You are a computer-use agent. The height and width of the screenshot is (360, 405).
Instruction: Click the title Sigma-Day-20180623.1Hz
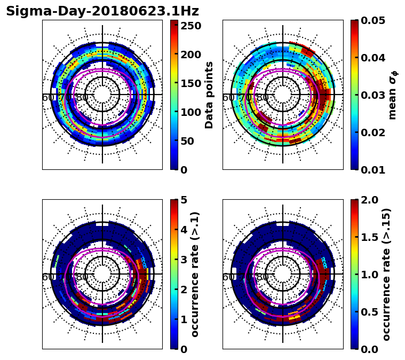coord(102,11)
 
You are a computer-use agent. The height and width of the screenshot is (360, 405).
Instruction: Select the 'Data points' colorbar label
coord(209,95)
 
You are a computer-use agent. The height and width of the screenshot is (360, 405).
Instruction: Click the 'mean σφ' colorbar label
coord(393,95)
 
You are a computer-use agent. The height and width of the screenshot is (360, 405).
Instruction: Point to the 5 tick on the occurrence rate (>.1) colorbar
coord(183,200)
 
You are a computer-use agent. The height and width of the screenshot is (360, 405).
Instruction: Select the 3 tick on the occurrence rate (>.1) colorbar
coord(183,260)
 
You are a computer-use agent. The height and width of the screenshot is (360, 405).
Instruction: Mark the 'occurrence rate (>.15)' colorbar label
coord(387,274)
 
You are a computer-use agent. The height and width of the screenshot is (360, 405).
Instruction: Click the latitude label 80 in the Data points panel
coord(82,98)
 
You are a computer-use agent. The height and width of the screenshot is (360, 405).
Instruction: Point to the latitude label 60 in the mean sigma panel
coord(228,98)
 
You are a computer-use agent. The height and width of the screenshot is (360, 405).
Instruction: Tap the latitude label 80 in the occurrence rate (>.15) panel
coord(263,277)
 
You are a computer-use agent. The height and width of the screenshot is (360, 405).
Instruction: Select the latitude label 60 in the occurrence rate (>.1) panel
coord(47,277)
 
